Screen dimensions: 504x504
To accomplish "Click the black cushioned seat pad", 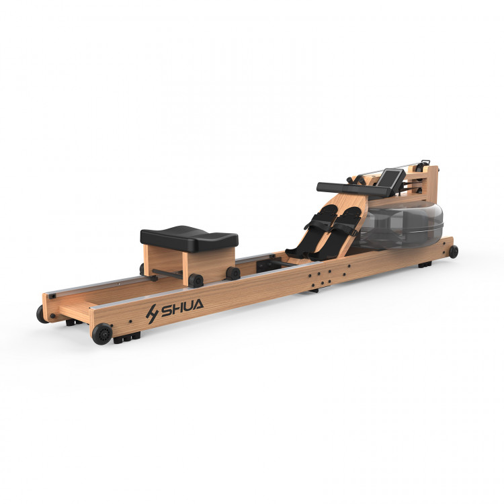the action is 189,239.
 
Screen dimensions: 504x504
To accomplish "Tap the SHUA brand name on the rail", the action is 182,308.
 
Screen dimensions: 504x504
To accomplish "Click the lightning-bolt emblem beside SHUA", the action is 152,314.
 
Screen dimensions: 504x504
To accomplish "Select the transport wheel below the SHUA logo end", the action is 102,334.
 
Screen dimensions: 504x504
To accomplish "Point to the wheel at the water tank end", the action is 454,252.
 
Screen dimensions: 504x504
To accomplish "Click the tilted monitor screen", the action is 391,178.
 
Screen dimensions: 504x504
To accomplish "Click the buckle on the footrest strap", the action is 353,233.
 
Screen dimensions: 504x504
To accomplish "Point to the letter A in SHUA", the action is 197,304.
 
